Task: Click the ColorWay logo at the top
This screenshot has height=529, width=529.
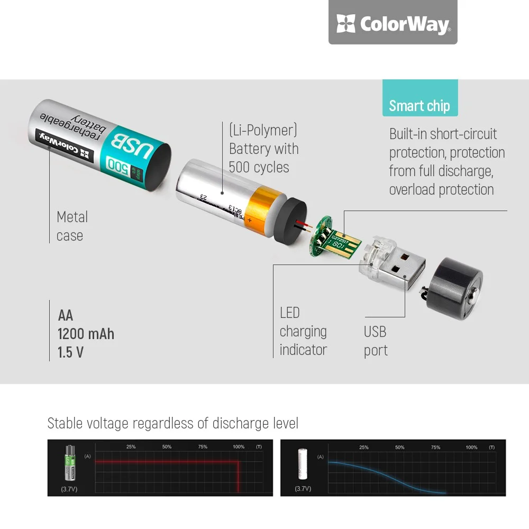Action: [x=393, y=24]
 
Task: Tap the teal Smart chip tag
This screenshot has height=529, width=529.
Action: [x=419, y=105]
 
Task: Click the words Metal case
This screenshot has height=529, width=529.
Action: [x=72, y=226]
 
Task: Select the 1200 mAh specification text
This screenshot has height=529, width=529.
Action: [x=86, y=334]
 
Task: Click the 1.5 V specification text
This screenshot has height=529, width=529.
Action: [x=70, y=352]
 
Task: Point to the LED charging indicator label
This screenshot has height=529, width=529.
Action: [x=303, y=331]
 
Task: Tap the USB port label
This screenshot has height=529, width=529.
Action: [x=375, y=341]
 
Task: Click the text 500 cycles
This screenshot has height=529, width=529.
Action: [x=259, y=167]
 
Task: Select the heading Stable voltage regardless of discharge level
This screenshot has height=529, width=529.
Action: [x=173, y=423]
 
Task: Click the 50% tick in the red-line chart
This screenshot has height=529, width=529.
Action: [x=167, y=447]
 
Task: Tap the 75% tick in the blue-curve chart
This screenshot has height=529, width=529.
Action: [x=435, y=448]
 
